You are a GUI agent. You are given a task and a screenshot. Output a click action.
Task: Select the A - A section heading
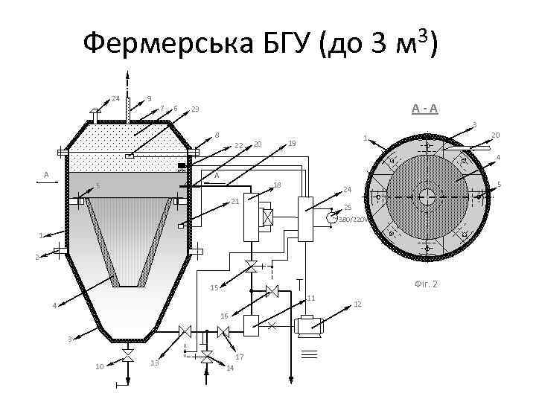coord(425,109)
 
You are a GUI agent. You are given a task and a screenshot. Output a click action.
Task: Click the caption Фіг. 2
coord(424,284)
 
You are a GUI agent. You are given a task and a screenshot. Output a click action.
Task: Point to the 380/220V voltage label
coord(352,220)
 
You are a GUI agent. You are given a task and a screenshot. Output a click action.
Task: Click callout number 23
coord(195,109)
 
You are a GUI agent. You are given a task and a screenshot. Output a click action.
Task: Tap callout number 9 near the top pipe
coord(150,98)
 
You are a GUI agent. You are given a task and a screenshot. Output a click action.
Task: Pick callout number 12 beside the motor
coord(357,304)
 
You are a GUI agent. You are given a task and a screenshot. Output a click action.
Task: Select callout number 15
coord(214,287)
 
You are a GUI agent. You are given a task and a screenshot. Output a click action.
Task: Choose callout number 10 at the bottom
coord(100,366)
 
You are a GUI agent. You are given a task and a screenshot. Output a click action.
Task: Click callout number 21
coord(234,201)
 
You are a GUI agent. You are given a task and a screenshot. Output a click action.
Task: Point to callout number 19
coord(292,143)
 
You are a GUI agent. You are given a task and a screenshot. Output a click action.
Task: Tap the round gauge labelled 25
coord(330,217)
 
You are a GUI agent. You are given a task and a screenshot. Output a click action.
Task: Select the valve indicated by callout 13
coord(185,331)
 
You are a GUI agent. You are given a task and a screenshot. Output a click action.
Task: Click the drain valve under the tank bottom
coord(127,355)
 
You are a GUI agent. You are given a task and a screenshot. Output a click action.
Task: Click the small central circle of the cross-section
coord(427,197)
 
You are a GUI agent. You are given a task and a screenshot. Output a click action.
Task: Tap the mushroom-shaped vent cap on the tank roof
coord(95,112)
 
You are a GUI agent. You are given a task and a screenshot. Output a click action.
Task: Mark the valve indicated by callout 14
coord(208,356)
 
